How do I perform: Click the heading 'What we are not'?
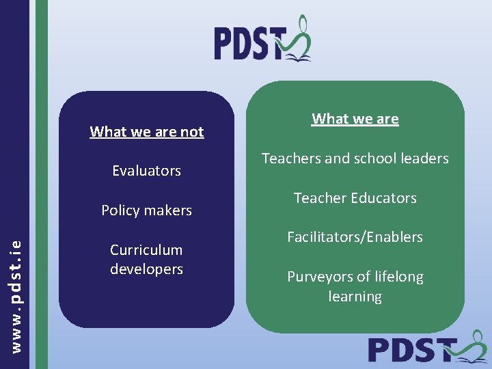click(x=146, y=132)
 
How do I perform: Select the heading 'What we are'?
click(x=355, y=119)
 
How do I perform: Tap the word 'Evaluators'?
click(x=146, y=171)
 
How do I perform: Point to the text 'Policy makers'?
click(x=146, y=210)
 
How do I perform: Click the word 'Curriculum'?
click(x=146, y=250)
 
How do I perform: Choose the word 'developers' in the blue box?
click(x=146, y=269)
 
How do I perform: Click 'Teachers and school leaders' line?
click(x=355, y=159)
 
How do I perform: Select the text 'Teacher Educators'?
click(x=355, y=198)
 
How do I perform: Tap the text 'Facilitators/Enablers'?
click(x=355, y=237)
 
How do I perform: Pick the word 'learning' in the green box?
click(x=355, y=297)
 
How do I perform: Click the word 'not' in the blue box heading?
click(x=192, y=132)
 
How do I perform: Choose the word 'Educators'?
click(x=384, y=198)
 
